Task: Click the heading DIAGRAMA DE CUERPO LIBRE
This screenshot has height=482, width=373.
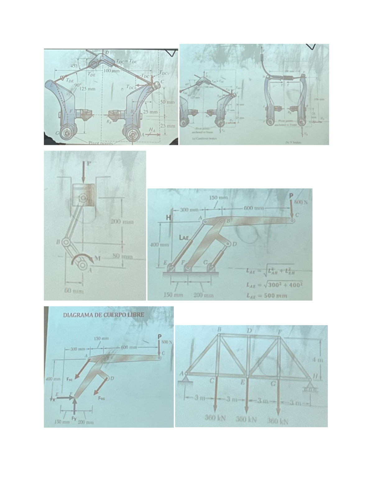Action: [104, 315]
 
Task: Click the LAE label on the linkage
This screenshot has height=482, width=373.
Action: [184, 238]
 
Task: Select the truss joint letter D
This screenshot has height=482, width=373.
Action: [249, 330]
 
